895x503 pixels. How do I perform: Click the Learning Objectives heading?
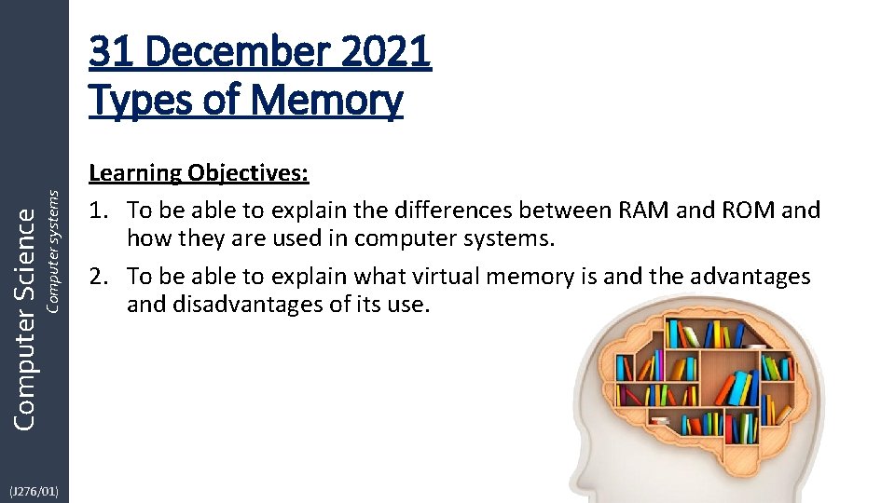pyautogui.click(x=200, y=173)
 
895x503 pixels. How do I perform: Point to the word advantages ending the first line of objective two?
pyautogui.click(x=749, y=277)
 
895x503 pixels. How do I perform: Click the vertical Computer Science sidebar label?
pyautogui.click(x=26, y=317)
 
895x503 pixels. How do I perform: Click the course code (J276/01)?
pyautogui.click(x=34, y=490)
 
